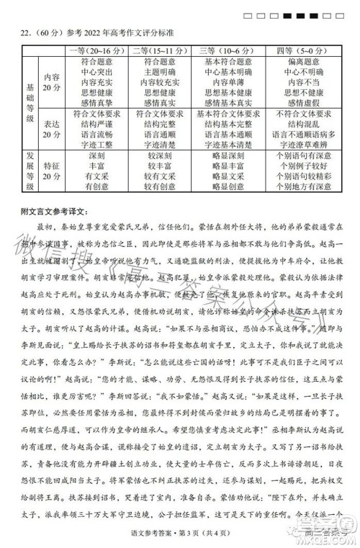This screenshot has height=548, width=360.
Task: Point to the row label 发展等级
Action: tap(30, 171)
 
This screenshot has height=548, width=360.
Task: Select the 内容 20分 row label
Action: tap(51, 82)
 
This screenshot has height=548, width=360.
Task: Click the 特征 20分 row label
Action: tap(51, 171)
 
